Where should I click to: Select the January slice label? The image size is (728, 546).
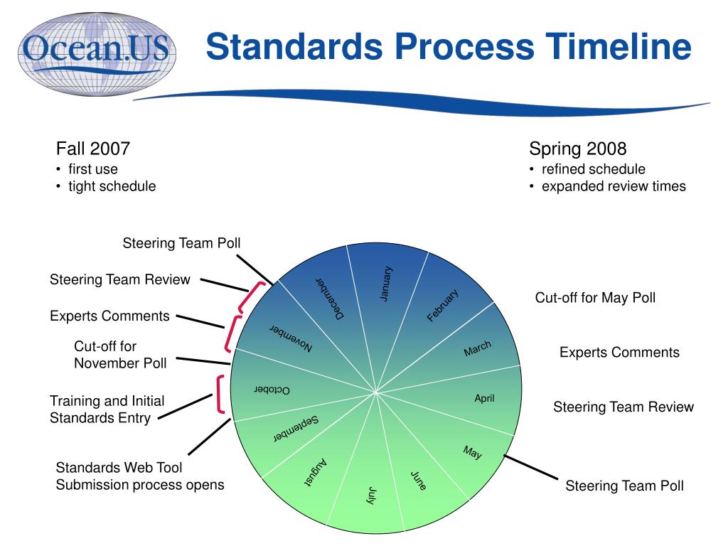pyautogui.click(x=385, y=283)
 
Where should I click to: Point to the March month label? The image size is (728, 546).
pyautogui.click(x=477, y=348)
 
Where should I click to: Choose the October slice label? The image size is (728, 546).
pyautogui.click(x=272, y=390)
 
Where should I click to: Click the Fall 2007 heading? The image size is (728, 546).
pyautogui.click(x=93, y=149)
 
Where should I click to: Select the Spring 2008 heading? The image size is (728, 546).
pyautogui.click(x=578, y=149)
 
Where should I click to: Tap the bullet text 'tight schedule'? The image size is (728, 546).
pyautogui.click(x=112, y=186)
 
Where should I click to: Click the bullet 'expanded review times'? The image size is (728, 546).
pyautogui.click(x=614, y=186)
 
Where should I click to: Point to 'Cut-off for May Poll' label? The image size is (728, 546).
pyautogui.click(x=595, y=298)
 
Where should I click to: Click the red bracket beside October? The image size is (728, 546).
pyautogui.click(x=220, y=394)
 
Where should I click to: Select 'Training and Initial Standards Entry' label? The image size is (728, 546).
pyautogui.click(x=107, y=409)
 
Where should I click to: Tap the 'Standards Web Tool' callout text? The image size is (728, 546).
pyautogui.click(x=119, y=468)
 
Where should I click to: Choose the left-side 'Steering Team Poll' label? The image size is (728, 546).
pyautogui.click(x=181, y=243)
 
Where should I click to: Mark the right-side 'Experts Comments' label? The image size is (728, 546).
pyautogui.click(x=619, y=353)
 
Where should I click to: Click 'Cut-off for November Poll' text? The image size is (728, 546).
pyautogui.click(x=120, y=355)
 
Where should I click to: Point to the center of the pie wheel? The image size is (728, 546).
pyautogui.click(x=376, y=392)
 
